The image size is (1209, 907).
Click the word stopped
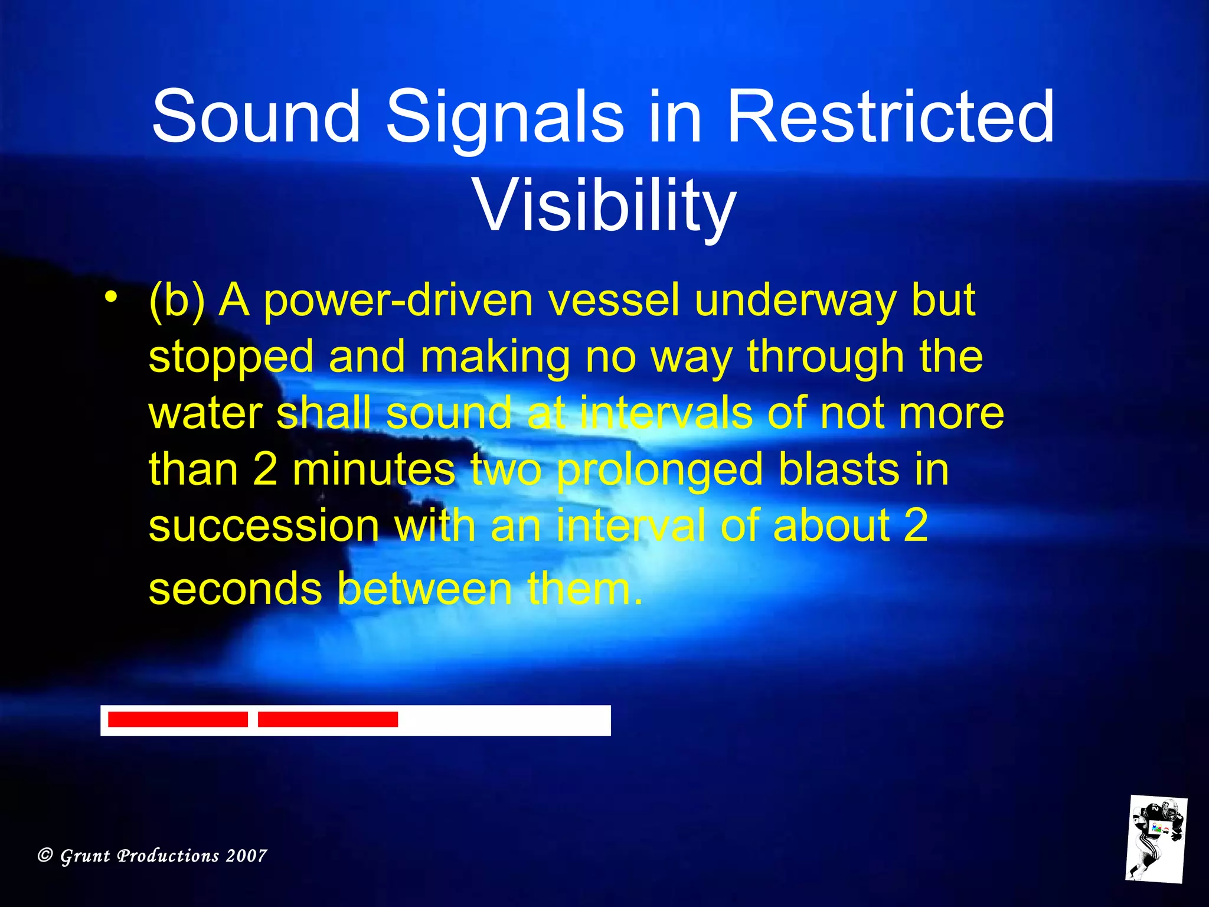coord(231,357)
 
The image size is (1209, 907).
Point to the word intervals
coord(666,413)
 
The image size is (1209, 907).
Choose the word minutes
coord(374,469)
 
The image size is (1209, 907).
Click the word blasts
coord(839,469)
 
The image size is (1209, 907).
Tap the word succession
coord(264,526)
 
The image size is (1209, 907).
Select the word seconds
coord(236,589)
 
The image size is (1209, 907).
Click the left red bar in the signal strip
coord(178,719)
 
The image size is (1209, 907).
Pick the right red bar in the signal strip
coord(328,719)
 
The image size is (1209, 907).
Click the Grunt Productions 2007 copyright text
coord(152,856)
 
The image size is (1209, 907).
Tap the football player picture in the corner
coord(1156,839)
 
